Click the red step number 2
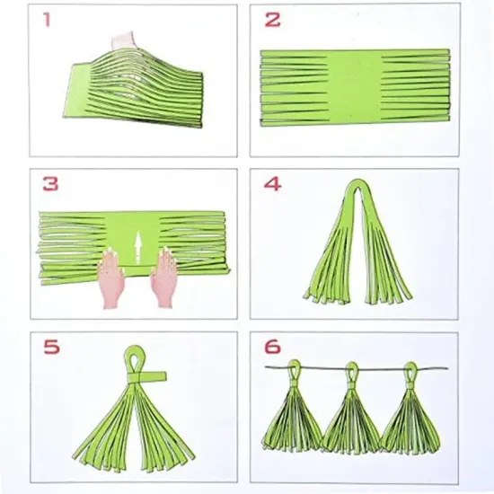273,19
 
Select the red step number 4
272,185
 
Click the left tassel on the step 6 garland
292,413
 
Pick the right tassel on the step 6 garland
409,413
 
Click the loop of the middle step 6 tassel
351,370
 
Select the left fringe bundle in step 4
330,260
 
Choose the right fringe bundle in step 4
388,260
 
